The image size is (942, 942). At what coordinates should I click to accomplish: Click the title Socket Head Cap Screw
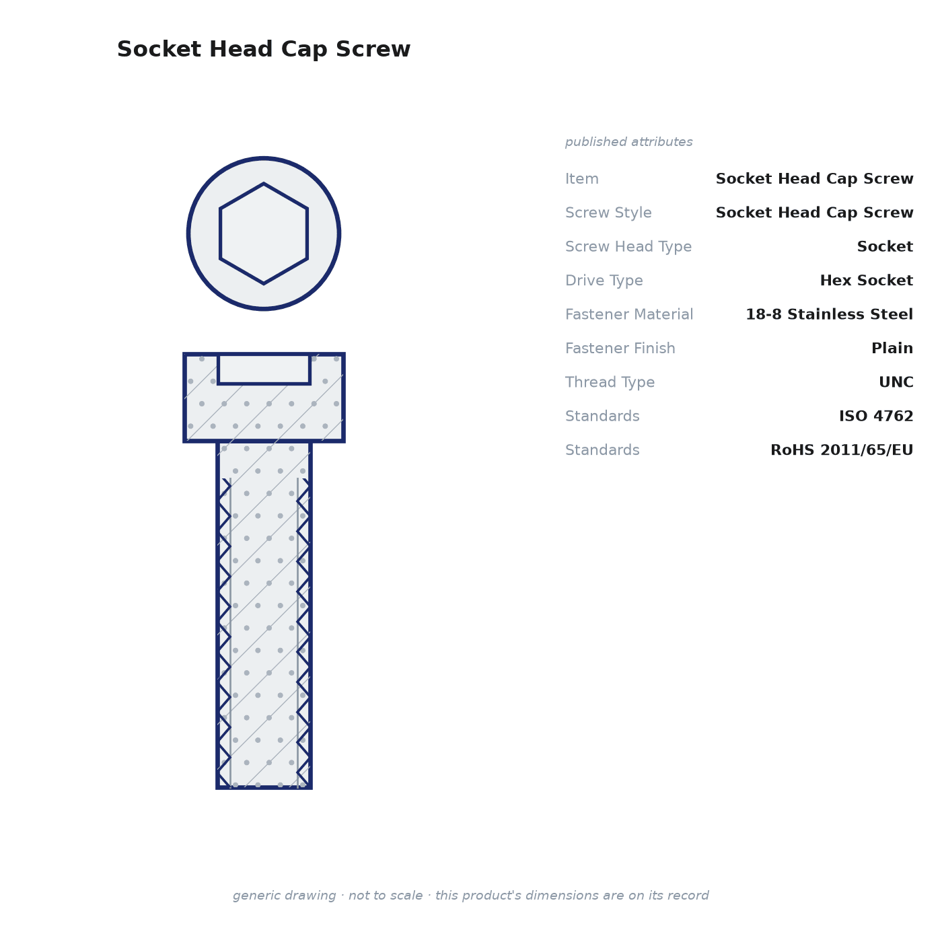coord(264,49)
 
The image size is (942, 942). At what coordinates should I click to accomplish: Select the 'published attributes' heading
coord(628,142)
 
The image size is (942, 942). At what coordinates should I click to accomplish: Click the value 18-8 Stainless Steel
coord(829,314)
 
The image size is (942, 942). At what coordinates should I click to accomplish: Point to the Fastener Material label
coord(629,314)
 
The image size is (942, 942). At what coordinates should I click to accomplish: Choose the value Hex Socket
coord(866,280)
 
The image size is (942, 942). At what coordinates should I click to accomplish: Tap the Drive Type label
coord(604,281)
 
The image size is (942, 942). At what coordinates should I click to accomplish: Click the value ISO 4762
coord(876,416)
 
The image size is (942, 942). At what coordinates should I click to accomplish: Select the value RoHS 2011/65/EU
coord(842,449)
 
